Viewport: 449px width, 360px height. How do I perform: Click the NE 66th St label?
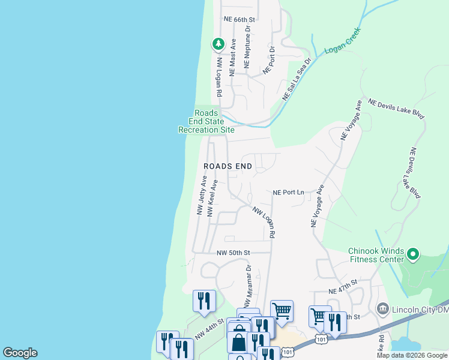tap(240, 19)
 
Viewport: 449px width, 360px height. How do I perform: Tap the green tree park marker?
tap(218, 44)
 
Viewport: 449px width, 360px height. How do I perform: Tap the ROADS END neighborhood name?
tap(228, 166)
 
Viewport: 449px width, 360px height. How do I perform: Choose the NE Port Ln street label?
tap(288, 193)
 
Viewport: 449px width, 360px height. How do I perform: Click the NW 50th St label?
tap(233, 253)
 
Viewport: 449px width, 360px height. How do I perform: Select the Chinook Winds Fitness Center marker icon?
tap(413, 255)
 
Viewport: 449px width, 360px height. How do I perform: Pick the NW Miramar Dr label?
tap(247, 282)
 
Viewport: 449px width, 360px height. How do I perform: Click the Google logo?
tap(20, 353)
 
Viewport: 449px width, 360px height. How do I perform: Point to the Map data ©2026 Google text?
tap(412, 355)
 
